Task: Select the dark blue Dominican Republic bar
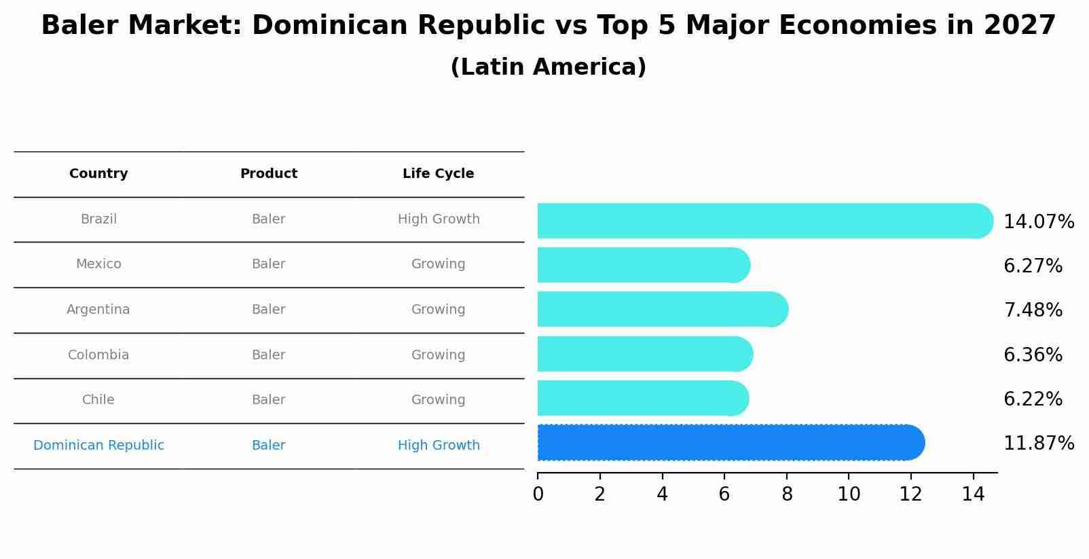pos(730,443)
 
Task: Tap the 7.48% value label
pos(1033,310)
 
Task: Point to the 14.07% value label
pos(1038,222)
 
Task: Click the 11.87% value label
pos(1038,444)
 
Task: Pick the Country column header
pos(98,174)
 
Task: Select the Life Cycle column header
pos(438,174)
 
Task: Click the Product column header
pos(268,174)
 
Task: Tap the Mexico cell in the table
pos(98,264)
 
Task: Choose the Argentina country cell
pos(98,310)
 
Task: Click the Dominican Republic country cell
pos(98,446)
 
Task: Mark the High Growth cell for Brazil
pos(439,219)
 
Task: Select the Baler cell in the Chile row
pos(268,400)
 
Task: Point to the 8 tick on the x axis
pos(787,494)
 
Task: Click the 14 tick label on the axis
pos(973,494)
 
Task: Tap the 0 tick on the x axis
pos(538,494)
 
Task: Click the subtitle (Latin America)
pos(548,67)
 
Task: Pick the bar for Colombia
pos(644,354)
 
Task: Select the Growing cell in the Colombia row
pos(438,355)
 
